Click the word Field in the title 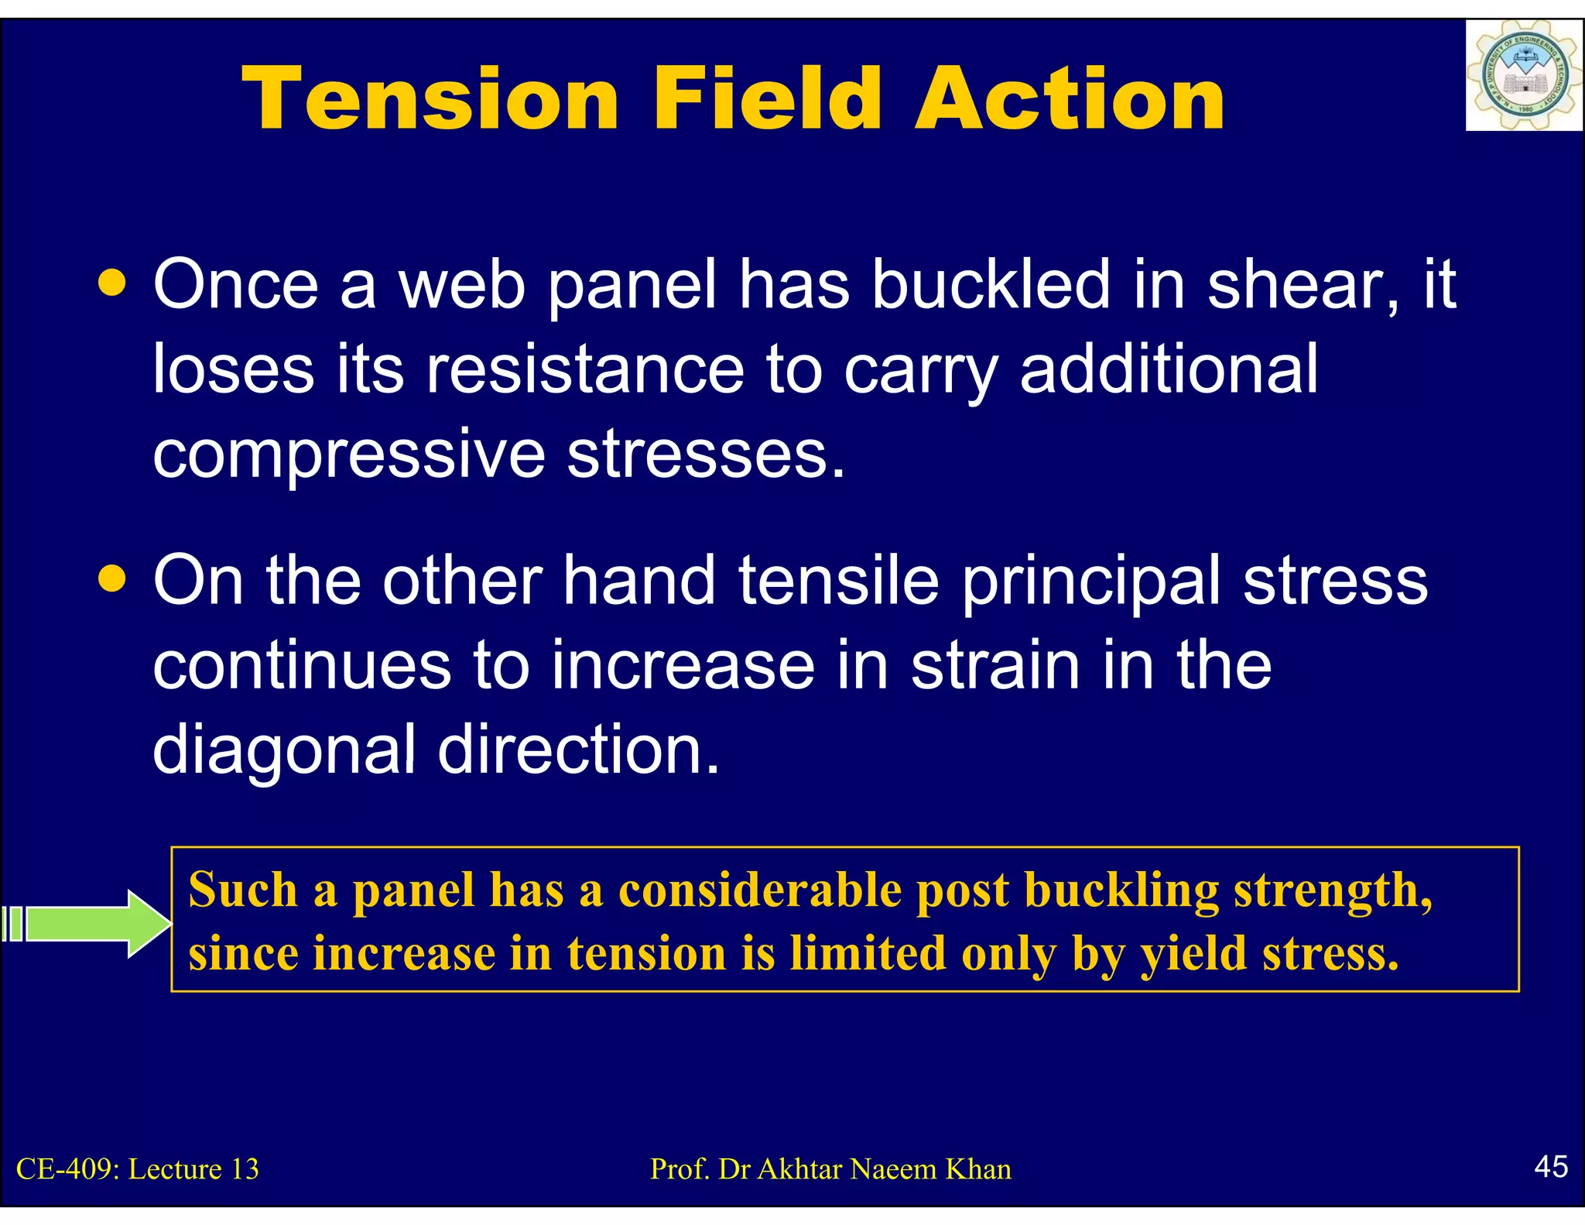(766, 98)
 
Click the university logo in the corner (1523, 75)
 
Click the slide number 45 (1551, 1166)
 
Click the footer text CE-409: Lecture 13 (138, 1168)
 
